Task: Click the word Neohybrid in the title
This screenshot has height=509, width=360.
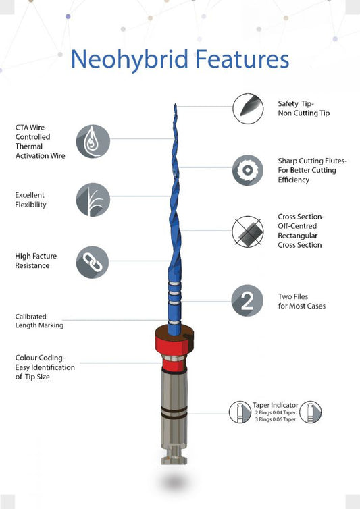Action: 130,60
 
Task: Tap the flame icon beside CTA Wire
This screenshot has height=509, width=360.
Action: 93,142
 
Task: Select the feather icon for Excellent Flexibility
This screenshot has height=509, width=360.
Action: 93,200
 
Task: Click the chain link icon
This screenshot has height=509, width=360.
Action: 93,262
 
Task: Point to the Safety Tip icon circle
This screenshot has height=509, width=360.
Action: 248,109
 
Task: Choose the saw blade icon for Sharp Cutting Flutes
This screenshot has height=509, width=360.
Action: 248,170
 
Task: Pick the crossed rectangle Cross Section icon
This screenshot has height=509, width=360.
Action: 248,232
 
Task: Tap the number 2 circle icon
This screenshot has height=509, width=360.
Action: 247,300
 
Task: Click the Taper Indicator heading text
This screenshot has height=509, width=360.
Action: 275,405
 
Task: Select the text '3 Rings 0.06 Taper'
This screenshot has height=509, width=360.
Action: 275,419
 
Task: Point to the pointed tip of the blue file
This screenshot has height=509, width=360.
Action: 176,104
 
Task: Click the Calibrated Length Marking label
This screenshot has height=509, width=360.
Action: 39,321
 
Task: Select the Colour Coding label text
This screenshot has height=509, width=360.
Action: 45,367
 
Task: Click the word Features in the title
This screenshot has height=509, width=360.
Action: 242,59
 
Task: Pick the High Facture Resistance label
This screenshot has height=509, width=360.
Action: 36,261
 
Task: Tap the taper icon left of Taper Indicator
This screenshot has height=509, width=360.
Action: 240,412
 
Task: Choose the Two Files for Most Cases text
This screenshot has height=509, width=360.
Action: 302,301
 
